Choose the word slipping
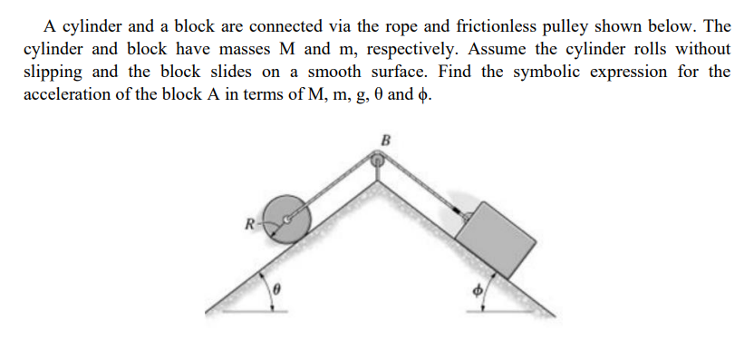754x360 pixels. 52,72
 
